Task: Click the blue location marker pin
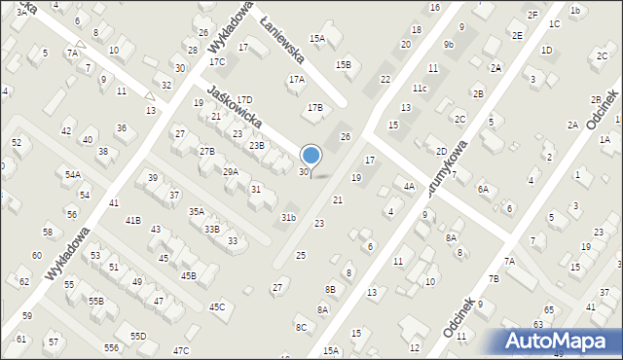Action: click(311, 156)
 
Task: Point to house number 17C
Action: click(217, 62)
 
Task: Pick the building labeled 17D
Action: click(244, 99)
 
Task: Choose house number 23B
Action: click(256, 145)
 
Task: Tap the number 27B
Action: click(206, 152)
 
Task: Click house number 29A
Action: click(230, 171)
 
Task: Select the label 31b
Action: click(288, 217)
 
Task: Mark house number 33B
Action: click(211, 229)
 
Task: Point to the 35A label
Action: click(196, 211)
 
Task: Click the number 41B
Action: click(132, 221)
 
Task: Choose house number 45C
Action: click(216, 306)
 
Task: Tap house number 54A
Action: click(73, 175)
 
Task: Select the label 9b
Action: click(448, 44)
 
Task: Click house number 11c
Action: click(419, 89)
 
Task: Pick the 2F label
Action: click(532, 15)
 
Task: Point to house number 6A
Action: click(483, 189)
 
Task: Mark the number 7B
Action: click(493, 278)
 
